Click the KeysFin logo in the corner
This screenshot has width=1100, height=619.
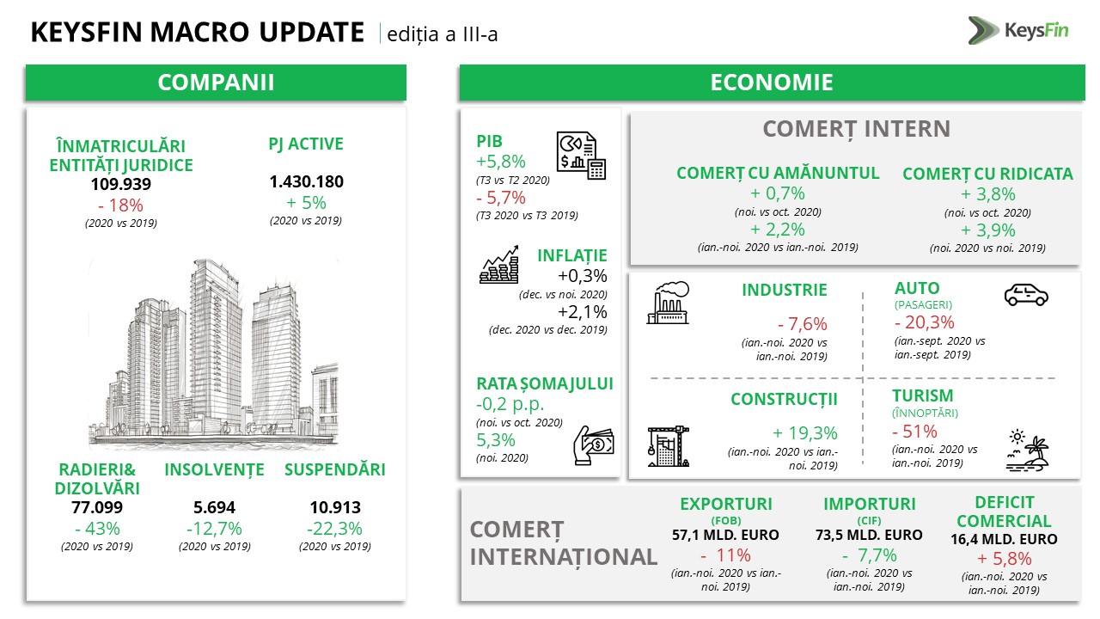1018,30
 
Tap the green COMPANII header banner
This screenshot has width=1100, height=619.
216,83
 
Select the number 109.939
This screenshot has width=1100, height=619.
121,184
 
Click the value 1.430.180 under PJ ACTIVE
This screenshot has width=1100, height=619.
307,181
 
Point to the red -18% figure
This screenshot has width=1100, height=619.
121,205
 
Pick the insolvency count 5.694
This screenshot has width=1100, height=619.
214,507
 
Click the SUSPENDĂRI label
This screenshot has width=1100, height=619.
335,469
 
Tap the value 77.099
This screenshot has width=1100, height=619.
97,507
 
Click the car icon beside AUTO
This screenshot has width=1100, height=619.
1026,295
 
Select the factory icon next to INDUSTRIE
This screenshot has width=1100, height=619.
668,303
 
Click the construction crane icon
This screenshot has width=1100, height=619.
669,446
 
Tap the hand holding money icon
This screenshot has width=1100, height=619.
594,445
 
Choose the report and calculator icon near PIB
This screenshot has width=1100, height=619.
581,156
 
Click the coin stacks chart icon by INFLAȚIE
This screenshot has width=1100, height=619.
499,264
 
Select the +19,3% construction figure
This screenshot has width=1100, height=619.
805,432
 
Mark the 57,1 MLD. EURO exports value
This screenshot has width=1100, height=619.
725,535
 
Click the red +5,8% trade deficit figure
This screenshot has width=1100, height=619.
1005,559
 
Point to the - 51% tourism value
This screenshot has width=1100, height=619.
914,432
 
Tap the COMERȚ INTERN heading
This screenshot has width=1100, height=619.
857,129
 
